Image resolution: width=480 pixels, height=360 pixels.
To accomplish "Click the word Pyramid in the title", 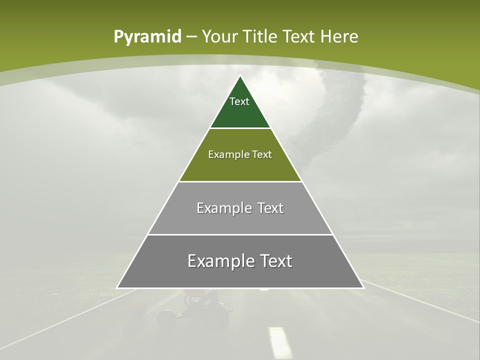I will pos(147,37).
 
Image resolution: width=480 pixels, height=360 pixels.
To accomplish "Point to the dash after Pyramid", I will pos(191,37).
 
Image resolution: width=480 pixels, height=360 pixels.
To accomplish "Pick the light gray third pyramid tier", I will pos(240,220).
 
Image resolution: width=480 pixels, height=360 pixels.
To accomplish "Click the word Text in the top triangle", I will pos(239,101).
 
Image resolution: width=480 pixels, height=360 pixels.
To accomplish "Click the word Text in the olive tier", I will pos(262,154).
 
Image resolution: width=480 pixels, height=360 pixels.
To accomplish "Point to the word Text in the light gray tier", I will pos(271,208).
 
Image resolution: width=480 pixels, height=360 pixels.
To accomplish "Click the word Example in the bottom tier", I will pos(220,261).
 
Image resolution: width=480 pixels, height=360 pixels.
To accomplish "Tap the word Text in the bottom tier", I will pos(276,261).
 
